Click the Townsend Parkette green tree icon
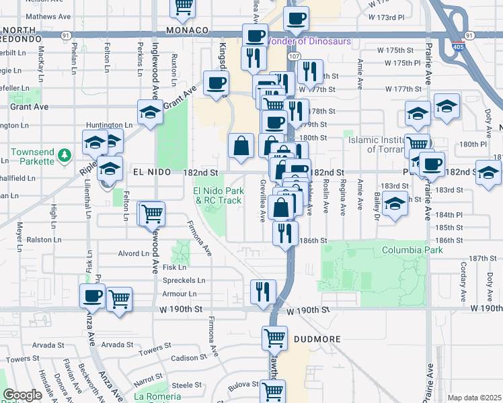pyautogui.click(x=65, y=156)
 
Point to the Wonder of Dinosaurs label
pyautogui.click(x=310, y=41)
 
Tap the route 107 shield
pyautogui.click(x=295, y=56)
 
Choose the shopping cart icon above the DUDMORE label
pyautogui.click(x=274, y=337)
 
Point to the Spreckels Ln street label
pyautogui.click(x=184, y=280)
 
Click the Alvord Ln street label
pyautogui.click(x=133, y=253)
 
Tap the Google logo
pyautogui.click(x=23, y=395)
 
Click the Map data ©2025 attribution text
pyautogui.click(x=474, y=398)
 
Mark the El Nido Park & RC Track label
pyautogui.click(x=217, y=195)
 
